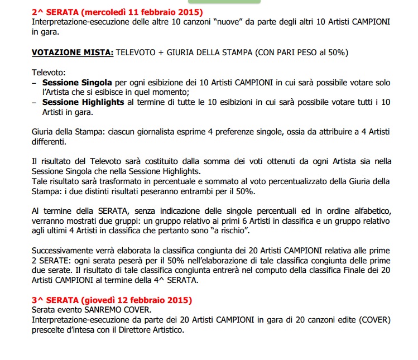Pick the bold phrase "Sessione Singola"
(x=76, y=82)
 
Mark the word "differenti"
(x=50, y=141)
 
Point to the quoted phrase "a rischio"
(x=229, y=231)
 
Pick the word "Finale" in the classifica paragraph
(x=340, y=271)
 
